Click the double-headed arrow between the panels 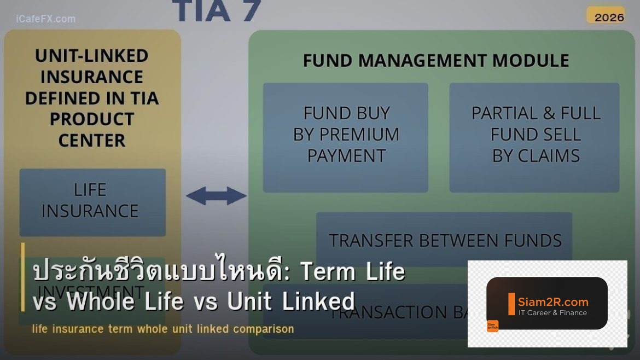coord(216,196)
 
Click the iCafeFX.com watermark coord(46,19)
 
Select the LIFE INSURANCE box coord(92,201)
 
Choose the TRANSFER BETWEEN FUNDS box coord(444,240)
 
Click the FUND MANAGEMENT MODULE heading coord(436,60)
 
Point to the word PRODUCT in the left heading coord(92,119)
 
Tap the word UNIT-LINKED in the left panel coord(92,56)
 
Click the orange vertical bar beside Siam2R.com coord(511,304)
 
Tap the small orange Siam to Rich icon coord(492,326)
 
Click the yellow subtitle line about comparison coord(163,329)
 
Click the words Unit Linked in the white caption coord(291,301)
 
